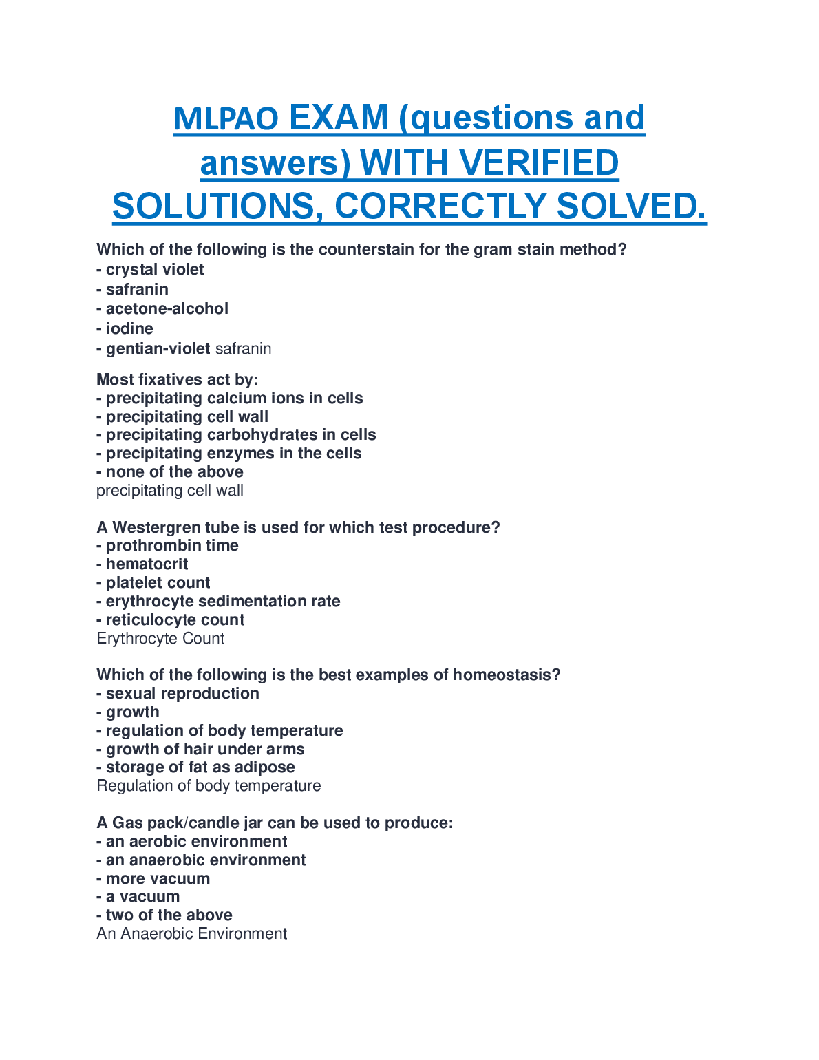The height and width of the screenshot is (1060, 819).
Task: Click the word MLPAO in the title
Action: (x=226, y=119)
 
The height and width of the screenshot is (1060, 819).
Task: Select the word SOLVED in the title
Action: (x=630, y=206)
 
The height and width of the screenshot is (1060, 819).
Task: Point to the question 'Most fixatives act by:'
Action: (x=178, y=379)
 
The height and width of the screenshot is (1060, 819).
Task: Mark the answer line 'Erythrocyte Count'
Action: (x=160, y=639)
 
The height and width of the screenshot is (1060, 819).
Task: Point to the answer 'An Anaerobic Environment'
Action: (x=192, y=934)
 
